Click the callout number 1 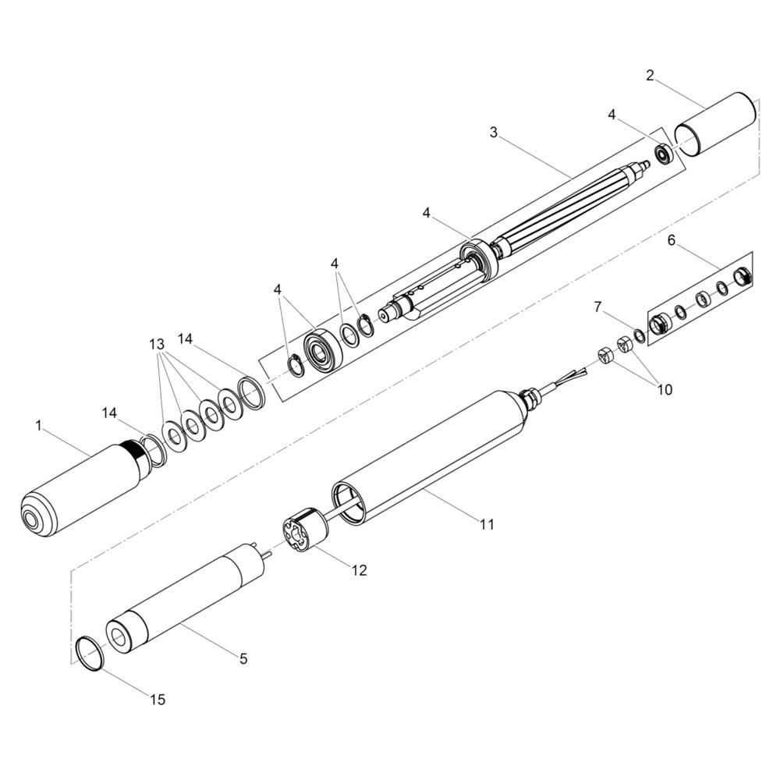pyautogui.click(x=39, y=426)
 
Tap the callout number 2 pyautogui.click(x=650, y=76)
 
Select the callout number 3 pyautogui.click(x=493, y=133)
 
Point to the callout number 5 pyautogui.click(x=243, y=659)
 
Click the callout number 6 pyautogui.click(x=672, y=241)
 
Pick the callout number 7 pyautogui.click(x=598, y=307)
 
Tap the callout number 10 pyautogui.click(x=665, y=389)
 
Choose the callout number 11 pyautogui.click(x=487, y=524)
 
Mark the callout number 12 pyautogui.click(x=359, y=571)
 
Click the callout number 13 pyautogui.click(x=157, y=344)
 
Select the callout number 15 pyautogui.click(x=158, y=700)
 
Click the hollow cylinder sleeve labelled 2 pyautogui.click(x=715, y=124)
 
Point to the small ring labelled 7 pyautogui.click(x=640, y=335)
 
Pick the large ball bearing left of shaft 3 pyautogui.click(x=322, y=349)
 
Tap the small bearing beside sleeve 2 pyautogui.click(x=664, y=154)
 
